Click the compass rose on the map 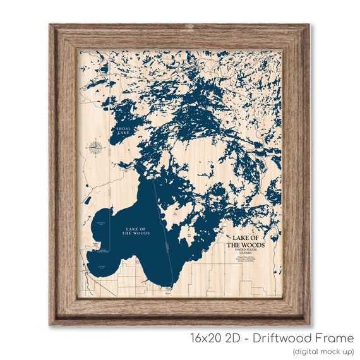95,148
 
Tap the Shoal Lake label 121,131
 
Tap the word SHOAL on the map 121,128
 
